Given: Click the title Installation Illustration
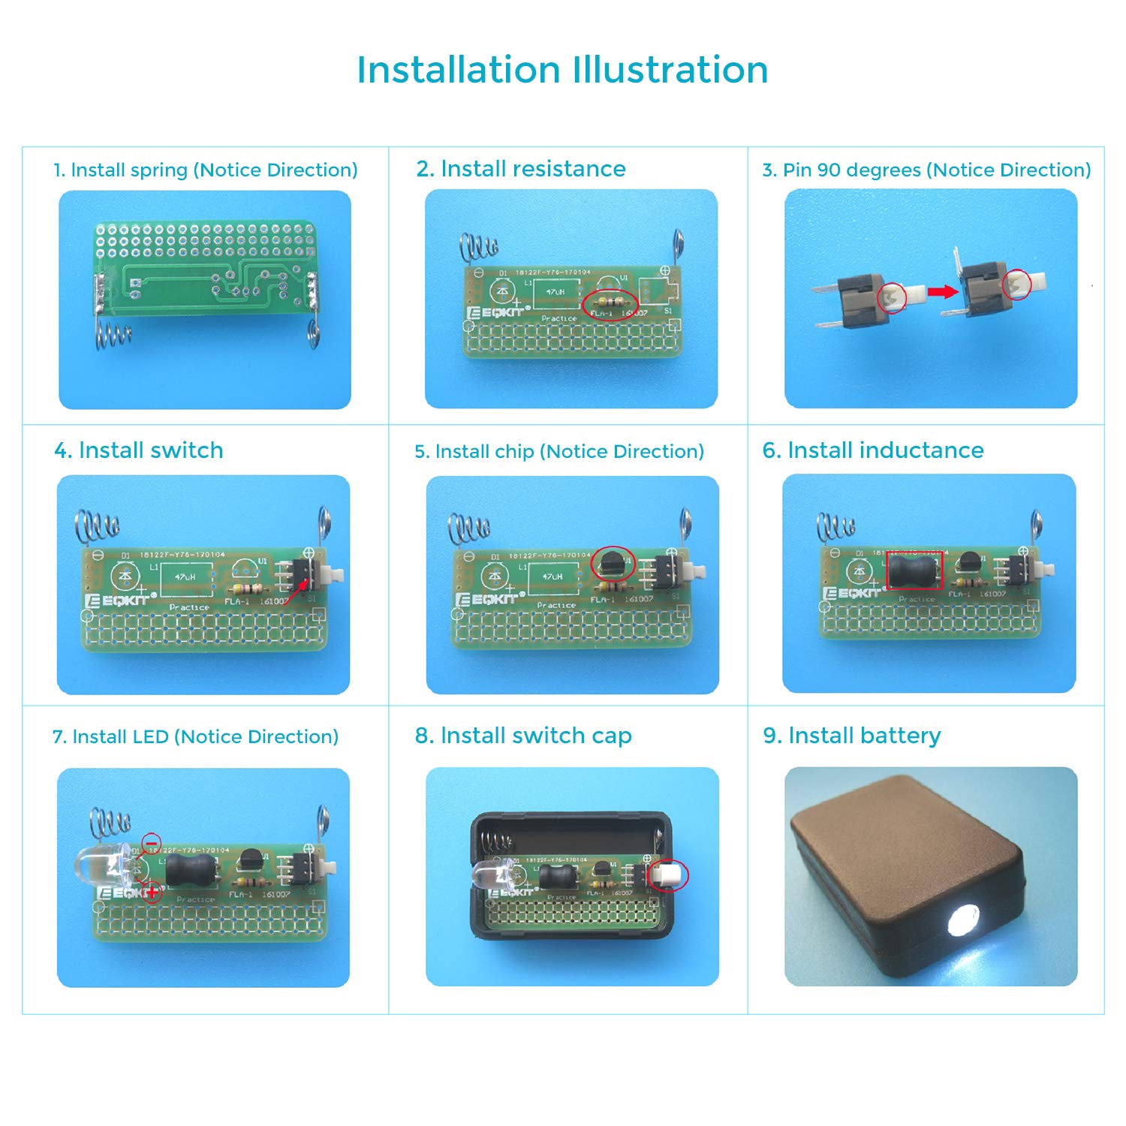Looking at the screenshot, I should pos(562,70).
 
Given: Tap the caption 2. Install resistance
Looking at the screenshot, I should pos(521,169).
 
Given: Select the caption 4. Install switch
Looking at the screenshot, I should pos(139,450).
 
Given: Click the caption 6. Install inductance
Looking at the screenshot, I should pos(873,450).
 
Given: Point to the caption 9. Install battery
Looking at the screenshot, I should pos(852,736).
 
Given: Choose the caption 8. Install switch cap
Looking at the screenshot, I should pos(523,736).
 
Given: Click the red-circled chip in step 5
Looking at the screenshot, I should pos(613,562).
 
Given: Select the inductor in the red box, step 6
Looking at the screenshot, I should pos(914,571).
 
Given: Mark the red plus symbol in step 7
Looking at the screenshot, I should pos(152,893).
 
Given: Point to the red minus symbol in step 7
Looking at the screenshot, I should pos(151,844).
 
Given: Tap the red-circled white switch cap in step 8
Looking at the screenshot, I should pos(668,875).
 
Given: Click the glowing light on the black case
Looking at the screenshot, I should pos(963,920).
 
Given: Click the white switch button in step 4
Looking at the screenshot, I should pos(336,577).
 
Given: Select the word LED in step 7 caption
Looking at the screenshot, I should pos(150,737).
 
